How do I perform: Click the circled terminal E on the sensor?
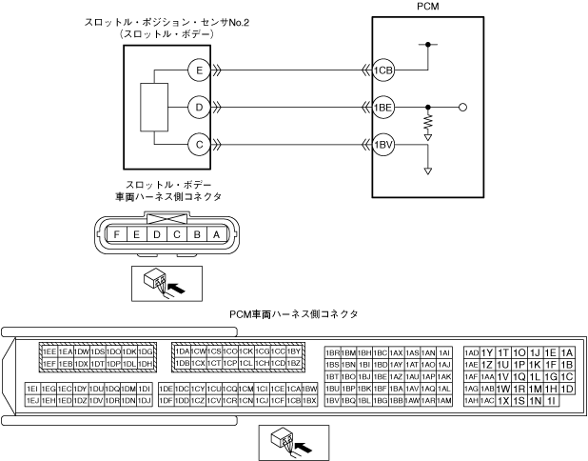pos(199,70)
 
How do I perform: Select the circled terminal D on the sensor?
pos(199,108)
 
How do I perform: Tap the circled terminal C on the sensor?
pos(199,145)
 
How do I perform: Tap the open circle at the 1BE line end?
pos(463,108)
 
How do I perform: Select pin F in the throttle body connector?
pos(116,233)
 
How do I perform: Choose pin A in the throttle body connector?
pos(217,233)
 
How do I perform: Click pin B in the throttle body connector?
pos(197,233)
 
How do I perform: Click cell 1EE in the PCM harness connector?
pos(49,351)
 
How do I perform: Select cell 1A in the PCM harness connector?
pos(567,351)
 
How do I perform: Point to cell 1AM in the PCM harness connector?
pos(444,401)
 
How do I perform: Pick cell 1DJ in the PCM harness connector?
pos(145,401)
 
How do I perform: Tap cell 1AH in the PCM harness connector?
pos(472,401)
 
